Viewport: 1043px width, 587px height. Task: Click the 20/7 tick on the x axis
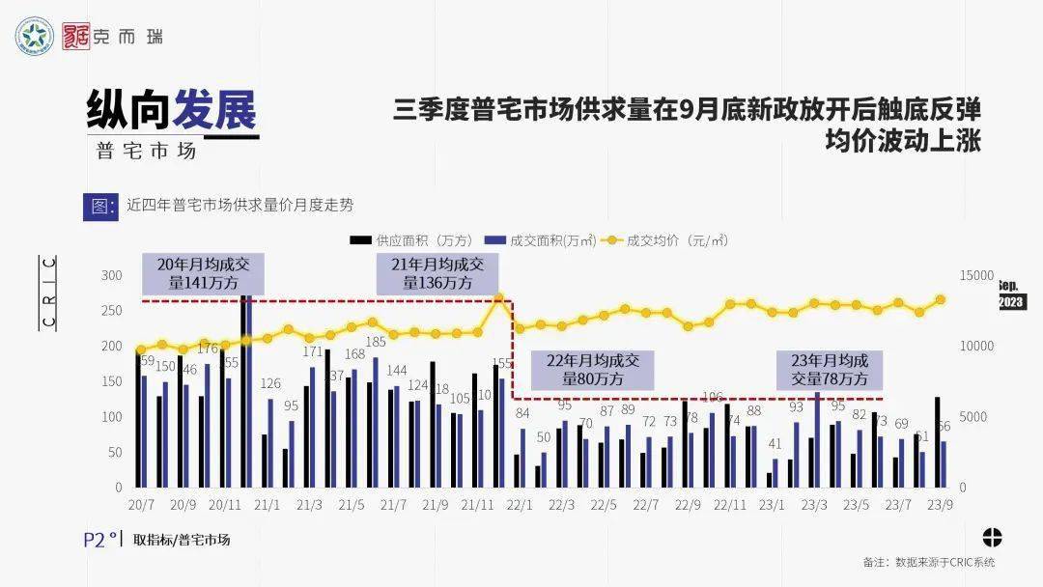pos(142,504)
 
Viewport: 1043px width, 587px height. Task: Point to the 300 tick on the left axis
pos(112,276)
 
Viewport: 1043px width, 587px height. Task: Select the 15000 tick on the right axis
pos(974,276)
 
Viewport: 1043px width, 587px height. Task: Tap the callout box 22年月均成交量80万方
pos(594,370)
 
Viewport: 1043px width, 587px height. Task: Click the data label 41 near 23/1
pos(775,444)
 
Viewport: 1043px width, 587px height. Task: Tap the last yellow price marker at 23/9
pos(940,300)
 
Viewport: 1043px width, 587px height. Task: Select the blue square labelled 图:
pos(99,206)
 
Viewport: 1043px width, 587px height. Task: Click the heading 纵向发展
pos(172,110)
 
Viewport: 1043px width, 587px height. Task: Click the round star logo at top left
pos(36,37)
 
